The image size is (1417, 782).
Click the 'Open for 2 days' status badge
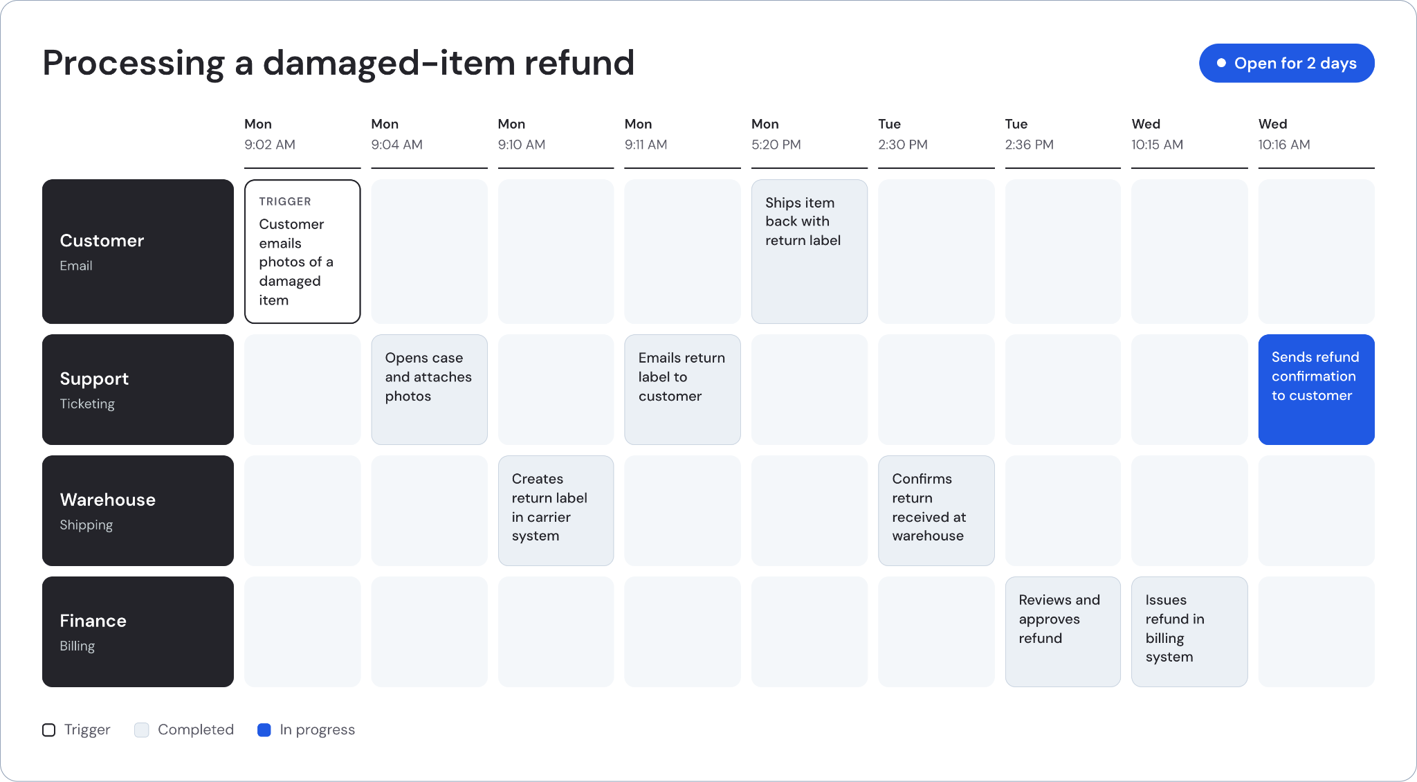(1286, 63)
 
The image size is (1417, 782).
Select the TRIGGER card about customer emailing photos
(302, 251)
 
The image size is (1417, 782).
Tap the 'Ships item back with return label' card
(810, 251)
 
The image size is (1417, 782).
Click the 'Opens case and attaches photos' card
(429, 390)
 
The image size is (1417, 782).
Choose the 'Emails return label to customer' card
(682, 390)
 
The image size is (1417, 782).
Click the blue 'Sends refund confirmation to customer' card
(1316, 390)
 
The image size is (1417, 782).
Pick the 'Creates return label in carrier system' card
(556, 511)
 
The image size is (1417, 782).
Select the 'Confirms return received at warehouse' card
(936, 511)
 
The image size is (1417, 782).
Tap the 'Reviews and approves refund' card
(1063, 632)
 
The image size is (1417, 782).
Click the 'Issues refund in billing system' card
(1189, 632)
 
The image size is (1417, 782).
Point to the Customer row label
(138, 251)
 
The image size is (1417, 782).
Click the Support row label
(138, 390)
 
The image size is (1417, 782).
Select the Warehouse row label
(138, 511)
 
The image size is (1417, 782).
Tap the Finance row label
(138, 632)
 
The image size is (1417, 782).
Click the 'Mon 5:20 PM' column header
(776, 134)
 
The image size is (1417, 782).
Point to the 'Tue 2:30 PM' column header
(903, 134)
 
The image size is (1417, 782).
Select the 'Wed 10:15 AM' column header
(1158, 134)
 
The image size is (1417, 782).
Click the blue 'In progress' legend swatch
(264, 730)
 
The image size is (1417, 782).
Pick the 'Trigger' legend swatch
(48, 730)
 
